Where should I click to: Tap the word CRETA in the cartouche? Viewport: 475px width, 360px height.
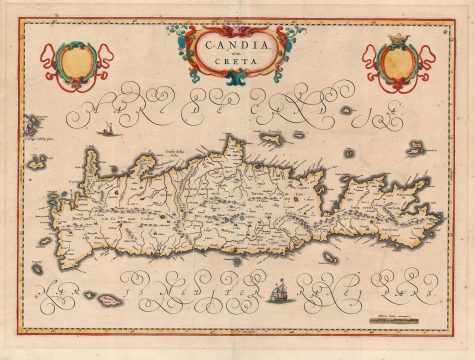pyautogui.click(x=237, y=64)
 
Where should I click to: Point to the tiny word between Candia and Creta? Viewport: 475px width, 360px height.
pyautogui.click(x=237, y=55)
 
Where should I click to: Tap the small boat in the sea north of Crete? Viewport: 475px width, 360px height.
pyautogui.click(x=104, y=128)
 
